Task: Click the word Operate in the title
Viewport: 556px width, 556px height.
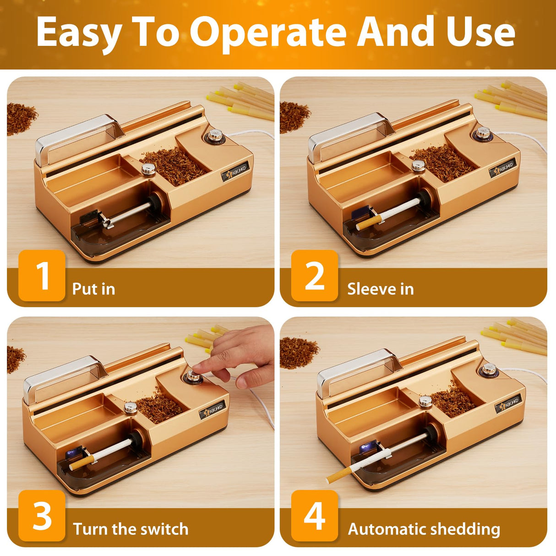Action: (267, 33)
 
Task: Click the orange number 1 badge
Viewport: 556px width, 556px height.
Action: (42, 276)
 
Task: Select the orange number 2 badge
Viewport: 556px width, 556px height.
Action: (315, 276)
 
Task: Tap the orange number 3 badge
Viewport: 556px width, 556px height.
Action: (42, 516)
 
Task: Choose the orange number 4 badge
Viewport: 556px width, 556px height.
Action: (315, 516)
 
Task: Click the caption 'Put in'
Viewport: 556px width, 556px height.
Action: (93, 289)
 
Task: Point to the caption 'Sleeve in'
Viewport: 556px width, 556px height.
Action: (380, 289)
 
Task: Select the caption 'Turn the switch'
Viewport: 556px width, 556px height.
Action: (131, 529)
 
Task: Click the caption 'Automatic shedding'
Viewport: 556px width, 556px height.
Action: (424, 529)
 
